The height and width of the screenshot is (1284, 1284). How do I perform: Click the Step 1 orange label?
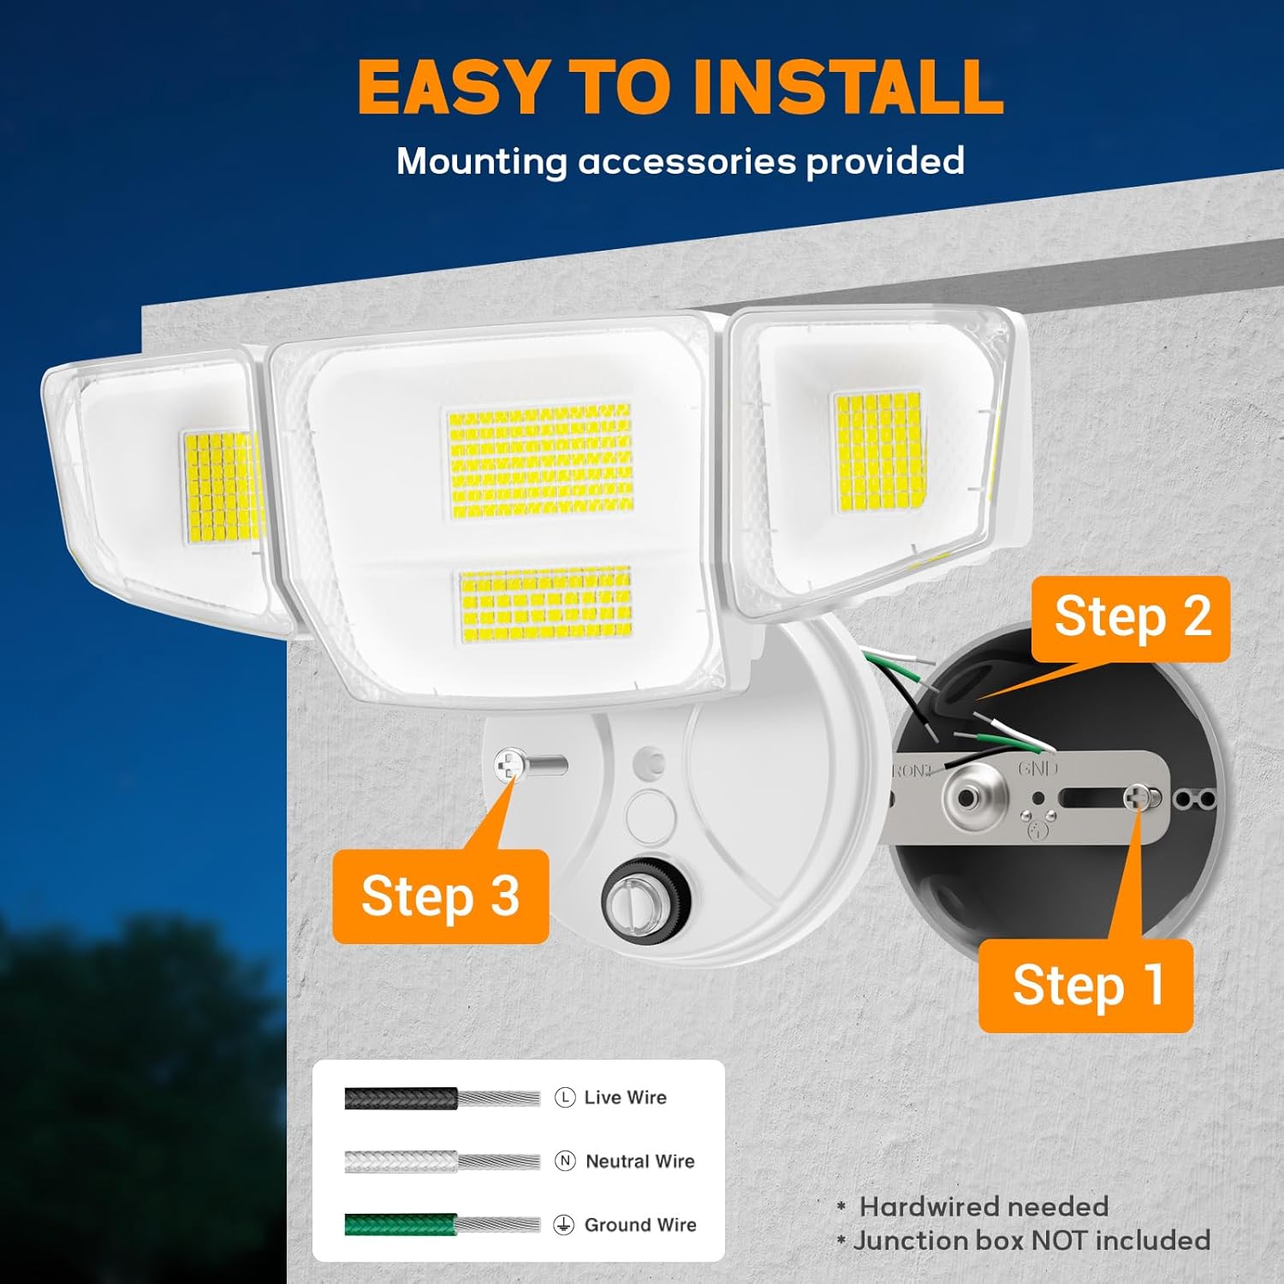tap(1085, 985)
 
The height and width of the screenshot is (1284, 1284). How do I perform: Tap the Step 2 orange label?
tap(1131, 619)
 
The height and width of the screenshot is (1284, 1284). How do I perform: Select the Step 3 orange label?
tap(440, 896)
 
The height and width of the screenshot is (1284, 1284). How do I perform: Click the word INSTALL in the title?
tap(847, 86)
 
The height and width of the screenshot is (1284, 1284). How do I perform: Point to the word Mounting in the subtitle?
tap(482, 162)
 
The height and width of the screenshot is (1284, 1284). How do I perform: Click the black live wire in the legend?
tap(443, 1098)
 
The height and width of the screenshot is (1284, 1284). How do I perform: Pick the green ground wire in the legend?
tap(443, 1225)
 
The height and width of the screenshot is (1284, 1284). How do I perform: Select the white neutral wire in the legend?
tap(443, 1162)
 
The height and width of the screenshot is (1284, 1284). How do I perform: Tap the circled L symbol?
tap(565, 1097)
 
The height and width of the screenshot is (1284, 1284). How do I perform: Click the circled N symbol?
tap(565, 1161)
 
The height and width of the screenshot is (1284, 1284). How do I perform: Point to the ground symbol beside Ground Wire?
tap(563, 1225)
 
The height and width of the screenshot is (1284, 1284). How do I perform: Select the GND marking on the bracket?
tap(1037, 768)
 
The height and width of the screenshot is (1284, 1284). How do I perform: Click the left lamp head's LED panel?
tap(222, 486)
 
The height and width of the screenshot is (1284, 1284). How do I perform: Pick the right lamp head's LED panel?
tap(878, 452)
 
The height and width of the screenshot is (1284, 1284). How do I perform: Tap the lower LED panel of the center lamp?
tap(546, 604)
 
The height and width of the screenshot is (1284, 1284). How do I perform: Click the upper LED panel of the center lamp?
tap(540, 461)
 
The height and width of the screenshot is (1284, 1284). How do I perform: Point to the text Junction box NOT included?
tap(1032, 1240)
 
